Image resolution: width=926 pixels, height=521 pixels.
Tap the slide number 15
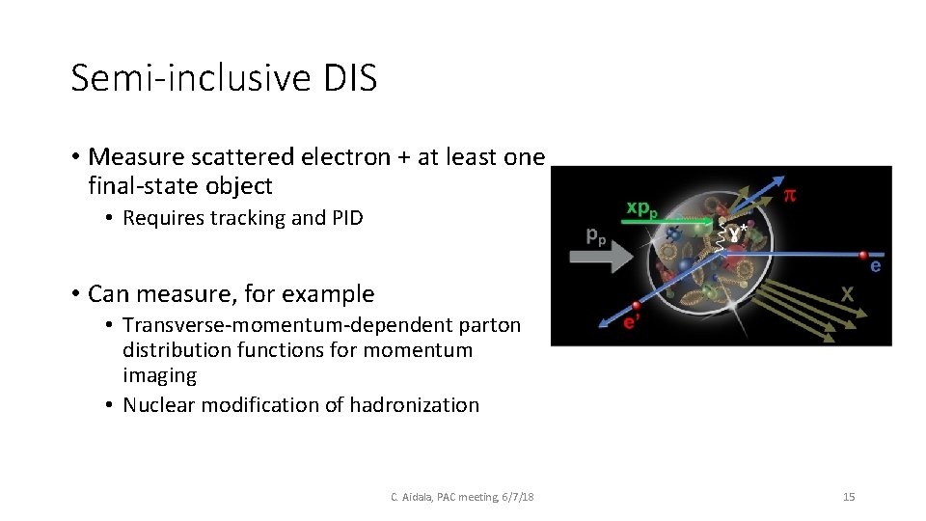click(x=849, y=497)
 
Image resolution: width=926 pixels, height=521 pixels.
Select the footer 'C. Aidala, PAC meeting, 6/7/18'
click(x=462, y=497)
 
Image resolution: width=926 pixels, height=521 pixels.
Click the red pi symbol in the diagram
click(x=789, y=194)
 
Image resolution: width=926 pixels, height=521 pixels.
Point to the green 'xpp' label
click(x=643, y=208)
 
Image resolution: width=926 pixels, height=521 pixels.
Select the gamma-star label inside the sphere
click(x=738, y=233)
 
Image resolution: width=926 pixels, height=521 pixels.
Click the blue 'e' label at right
click(x=875, y=266)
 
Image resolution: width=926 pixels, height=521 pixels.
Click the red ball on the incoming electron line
click(x=863, y=256)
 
